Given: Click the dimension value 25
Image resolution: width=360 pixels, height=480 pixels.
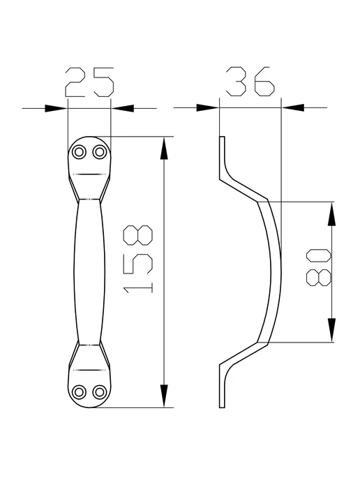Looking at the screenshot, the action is pos(89,82).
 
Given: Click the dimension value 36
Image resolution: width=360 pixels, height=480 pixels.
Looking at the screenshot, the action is pos(250,81).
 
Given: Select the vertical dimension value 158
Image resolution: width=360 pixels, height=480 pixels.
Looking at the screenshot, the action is pos(137,260).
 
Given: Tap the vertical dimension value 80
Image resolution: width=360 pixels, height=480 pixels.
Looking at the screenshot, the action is pos(319,267).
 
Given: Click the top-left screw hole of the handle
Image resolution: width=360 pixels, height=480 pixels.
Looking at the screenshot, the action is pos(79,152).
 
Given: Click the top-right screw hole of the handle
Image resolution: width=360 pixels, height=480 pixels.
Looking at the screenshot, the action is pos(100,152).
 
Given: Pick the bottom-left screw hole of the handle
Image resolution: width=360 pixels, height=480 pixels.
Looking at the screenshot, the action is pos(79,392).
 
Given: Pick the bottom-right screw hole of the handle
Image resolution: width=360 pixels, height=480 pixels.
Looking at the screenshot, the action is pos(100,392).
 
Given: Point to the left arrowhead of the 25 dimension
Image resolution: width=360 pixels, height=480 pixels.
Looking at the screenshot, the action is pos(56,108).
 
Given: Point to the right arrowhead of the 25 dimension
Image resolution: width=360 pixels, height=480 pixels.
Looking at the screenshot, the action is pos(122,108).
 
